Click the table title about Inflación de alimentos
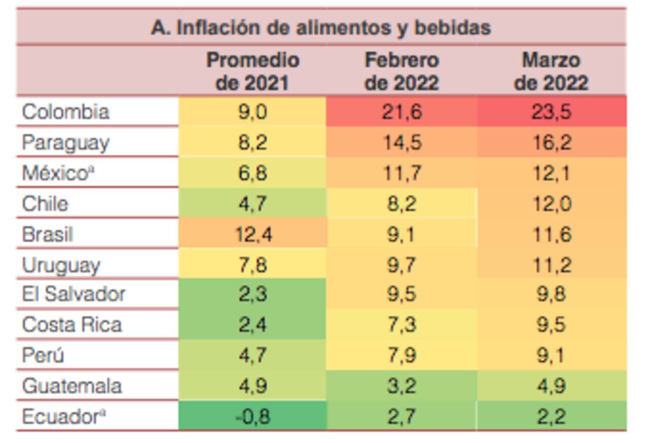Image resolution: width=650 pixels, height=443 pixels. [x=321, y=27]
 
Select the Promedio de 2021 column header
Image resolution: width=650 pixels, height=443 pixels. [x=252, y=71]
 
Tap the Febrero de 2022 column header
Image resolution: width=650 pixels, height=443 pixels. [x=402, y=71]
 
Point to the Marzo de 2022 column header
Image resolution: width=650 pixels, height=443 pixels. [x=551, y=71]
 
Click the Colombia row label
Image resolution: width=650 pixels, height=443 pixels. [x=66, y=112]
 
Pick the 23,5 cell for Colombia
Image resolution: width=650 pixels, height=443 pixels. [x=551, y=112]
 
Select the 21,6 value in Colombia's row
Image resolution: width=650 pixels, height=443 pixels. [x=402, y=112]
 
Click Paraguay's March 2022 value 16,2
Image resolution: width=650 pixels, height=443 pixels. [x=551, y=143]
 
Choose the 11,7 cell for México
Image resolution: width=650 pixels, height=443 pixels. [x=402, y=173]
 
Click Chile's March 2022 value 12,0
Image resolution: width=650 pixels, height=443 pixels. [x=551, y=204]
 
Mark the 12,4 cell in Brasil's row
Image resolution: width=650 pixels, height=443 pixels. [x=252, y=234]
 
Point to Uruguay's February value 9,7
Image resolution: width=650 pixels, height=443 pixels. [x=402, y=265]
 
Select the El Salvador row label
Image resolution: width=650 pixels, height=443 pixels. [x=74, y=294]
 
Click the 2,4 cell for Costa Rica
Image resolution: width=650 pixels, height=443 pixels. [x=252, y=325]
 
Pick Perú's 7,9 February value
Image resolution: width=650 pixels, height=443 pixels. [x=402, y=355]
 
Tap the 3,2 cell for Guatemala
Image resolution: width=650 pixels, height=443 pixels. [x=402, y=386]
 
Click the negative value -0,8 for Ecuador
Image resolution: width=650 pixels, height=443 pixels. [x=252, y=417]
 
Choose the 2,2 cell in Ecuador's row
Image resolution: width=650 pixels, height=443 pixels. [x=551, y=417]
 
